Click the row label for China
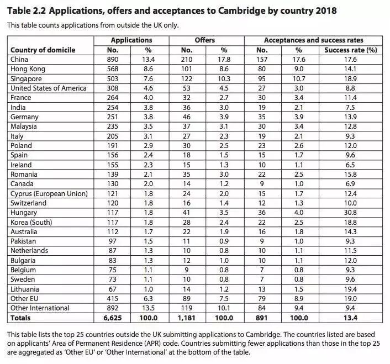[20, 59]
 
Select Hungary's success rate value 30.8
[350, 212]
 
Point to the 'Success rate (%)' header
[350, 50]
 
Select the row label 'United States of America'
[49, 88]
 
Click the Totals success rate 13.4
[350, 318]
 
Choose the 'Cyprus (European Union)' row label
[49, 193]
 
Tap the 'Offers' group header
[204, 40]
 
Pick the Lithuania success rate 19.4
[350, 289]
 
